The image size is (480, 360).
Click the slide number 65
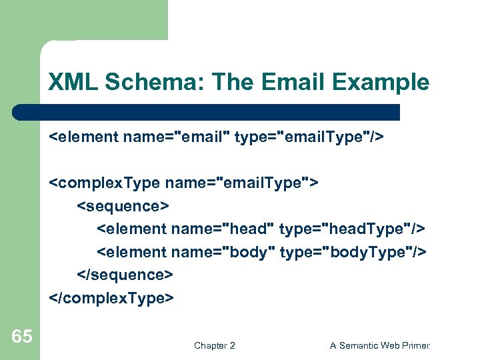point(21,336)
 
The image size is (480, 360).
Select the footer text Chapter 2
point(214,345)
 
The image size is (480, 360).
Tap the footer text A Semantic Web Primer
point(380,345)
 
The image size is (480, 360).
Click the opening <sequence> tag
point(124,206)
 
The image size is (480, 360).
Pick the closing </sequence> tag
point(126,275)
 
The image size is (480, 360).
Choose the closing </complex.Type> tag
point(111,297)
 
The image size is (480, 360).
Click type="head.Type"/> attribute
point(352,229)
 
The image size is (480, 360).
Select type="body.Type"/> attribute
point(353,252)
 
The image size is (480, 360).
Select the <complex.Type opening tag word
point(104,183)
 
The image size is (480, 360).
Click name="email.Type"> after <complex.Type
point(243,183)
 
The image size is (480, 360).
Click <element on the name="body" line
point(131,252)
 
